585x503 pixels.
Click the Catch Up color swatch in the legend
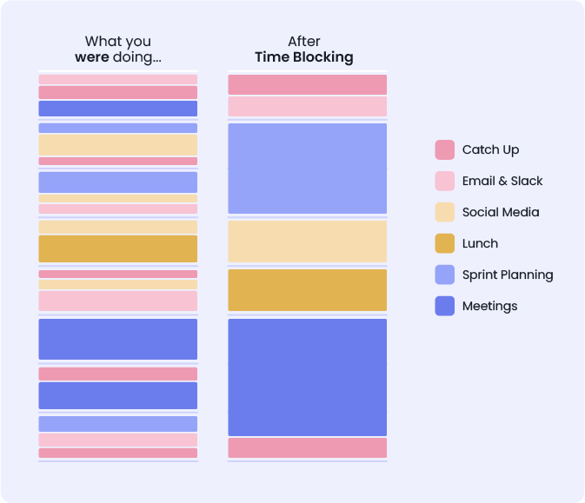click(444, 149)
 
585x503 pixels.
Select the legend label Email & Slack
click(502, 181)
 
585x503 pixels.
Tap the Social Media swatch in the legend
click(444, 212)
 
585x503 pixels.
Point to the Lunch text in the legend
click(480, 243)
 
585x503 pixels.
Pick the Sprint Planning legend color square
click(444, 275)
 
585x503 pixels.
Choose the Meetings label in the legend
click(489, 306)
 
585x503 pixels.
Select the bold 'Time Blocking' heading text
click(303, 57)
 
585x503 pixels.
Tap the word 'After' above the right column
click(304, 42)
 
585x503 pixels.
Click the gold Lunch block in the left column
click(117, 248)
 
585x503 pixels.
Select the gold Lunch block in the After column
click(307, 290)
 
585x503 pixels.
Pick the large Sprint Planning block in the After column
click(307, 169)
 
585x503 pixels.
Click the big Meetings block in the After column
click(307, 377)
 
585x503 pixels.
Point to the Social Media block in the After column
click(307, 241)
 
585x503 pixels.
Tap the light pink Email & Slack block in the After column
click(307, 106)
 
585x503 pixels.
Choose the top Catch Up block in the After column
click(307, 84)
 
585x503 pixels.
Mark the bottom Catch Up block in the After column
click(307, 447)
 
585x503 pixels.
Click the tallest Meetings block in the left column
click(117, 339)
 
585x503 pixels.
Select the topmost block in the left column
click(117, 79)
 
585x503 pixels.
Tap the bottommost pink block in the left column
click(117, 453)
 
